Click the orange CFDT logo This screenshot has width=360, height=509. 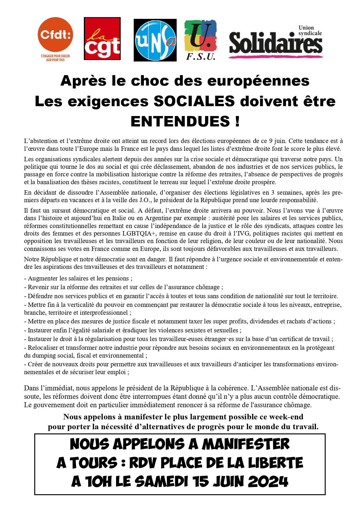55,35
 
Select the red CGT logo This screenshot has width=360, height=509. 102,39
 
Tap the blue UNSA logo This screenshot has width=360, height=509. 155,40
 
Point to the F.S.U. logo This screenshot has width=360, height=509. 200,40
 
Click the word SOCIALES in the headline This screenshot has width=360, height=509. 194,101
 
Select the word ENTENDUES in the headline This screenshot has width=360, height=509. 180,121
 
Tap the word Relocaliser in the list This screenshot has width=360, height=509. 43,348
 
